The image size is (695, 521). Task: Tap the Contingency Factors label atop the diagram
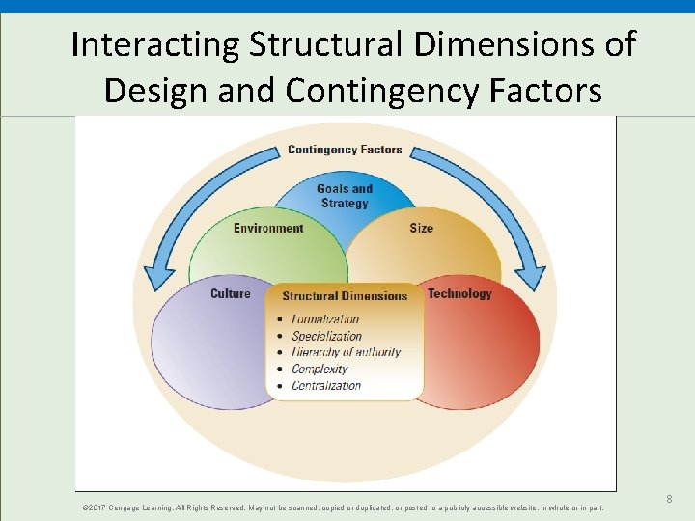coord(345,150)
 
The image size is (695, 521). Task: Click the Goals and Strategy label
coord(345,196)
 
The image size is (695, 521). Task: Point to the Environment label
coord(268,229)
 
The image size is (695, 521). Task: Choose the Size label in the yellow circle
coord(421,229)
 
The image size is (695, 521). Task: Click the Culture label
coord(230,294)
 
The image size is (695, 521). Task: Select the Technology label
coord(459,294)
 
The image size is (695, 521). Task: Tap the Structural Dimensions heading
coord(345,296)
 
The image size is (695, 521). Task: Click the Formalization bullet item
coord(325,319)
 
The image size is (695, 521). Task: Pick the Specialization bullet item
coord(326,336)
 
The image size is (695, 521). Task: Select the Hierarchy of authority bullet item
coord(346,352)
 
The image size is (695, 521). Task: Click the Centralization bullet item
coord(326,385)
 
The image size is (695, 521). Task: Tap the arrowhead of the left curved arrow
coord(154,281)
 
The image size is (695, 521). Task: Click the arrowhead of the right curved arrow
coord(534,281)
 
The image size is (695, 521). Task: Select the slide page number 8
coord(669,499)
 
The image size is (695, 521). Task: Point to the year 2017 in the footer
coord(97,507)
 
